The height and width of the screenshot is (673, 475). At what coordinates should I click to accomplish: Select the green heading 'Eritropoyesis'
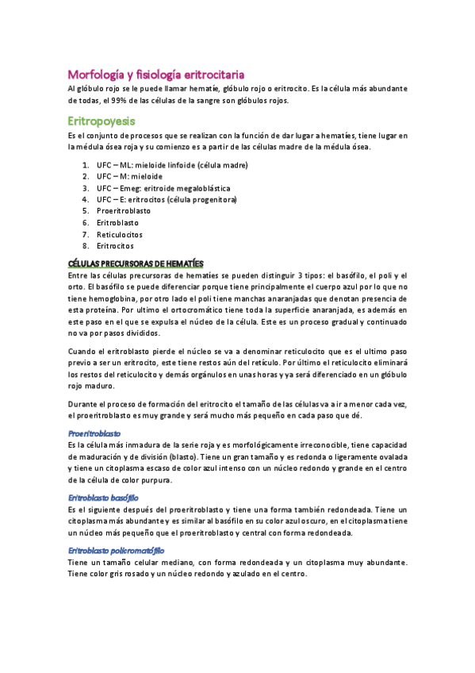point(102,121)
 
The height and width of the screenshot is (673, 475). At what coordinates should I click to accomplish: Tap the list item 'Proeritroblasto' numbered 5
point(124,211)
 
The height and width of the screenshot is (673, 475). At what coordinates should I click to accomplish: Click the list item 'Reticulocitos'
point(120,234)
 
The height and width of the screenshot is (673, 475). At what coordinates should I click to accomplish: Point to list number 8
point(85,246)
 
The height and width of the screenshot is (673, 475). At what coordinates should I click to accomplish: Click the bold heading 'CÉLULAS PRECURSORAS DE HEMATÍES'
point(136,263)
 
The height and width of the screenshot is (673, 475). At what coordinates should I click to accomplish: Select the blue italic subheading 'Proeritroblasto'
point(94,434)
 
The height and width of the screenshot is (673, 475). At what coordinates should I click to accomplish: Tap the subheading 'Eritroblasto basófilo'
point(104,497)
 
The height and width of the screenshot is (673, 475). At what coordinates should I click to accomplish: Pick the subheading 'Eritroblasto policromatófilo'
point(116,549)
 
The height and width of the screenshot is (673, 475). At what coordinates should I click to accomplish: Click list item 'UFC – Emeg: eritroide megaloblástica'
point(163,188)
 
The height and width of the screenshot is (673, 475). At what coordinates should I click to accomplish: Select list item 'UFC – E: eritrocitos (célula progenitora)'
point(167,200)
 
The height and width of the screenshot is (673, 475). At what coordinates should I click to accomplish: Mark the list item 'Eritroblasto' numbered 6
point(117,223)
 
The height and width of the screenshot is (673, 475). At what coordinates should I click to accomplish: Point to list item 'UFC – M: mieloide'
point(130,176)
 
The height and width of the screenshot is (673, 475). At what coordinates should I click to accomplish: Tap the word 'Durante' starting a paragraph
point(85,405)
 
